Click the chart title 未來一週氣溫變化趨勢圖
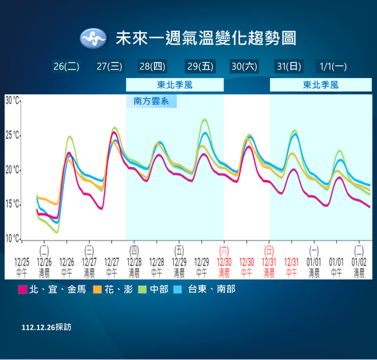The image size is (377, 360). pyautogui.click(x=206, y=38)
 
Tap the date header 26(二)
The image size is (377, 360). pyautogui.click(x=66, y=66)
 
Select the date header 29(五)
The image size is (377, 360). pyautogui.click(x=199, y=66)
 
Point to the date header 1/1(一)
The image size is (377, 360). pyautogui.click(x=333, y=66)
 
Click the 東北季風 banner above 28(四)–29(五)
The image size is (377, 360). pyautogui.click(x=175, y=85)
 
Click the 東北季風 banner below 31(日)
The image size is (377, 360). pyautogui.click(x=321, y=85)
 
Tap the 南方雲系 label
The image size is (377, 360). pyautogui.click(x=151, y=101)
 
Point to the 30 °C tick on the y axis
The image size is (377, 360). pyautogui.click(x=13, y=100)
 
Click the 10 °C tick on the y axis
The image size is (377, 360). pyautogui.click(x=13, y=238)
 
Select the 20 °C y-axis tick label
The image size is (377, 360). pyautogui.click(x=13, y=170)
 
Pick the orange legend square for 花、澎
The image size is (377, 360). pyautogui.click(x=98, y=289)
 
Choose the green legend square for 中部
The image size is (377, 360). pyautogui.click(x=143, y=289)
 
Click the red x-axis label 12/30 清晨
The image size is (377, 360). pyautogui.click(x=224, y=265)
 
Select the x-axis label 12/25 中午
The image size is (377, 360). pyautogui.click(x=22, y=265)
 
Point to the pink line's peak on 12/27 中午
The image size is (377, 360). pyautogui.click(x=114, y=132)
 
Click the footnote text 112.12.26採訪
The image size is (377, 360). pyautogui.click(x=47, y=327)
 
